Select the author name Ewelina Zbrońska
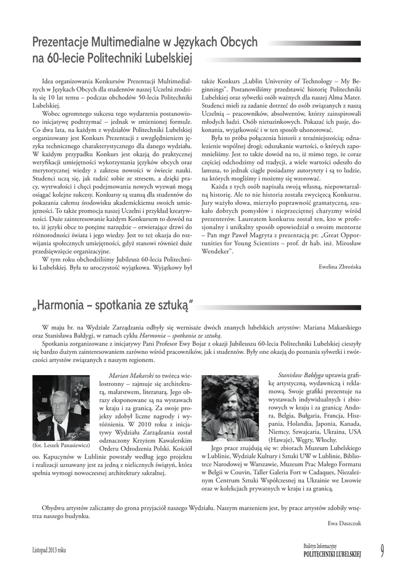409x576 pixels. tap(339, 265)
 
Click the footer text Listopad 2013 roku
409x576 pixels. tap(49, 550)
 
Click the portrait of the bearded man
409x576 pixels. tap(230, 408)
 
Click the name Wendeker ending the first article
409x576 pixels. tap(217, 251)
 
